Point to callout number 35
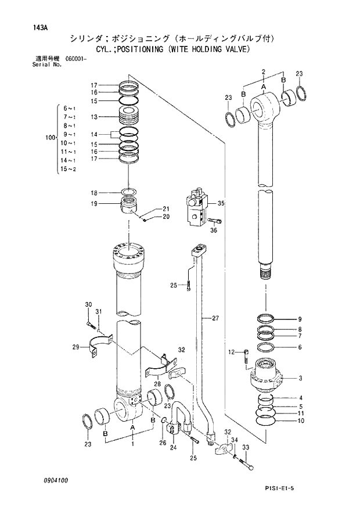click(221, 203)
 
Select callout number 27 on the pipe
click(215, 318)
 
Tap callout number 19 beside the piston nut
click(93, 204)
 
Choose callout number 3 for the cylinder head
click(300, 378)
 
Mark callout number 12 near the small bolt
click(231, 352)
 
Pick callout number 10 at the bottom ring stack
click(300, 421)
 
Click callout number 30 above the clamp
click(88, 305)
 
